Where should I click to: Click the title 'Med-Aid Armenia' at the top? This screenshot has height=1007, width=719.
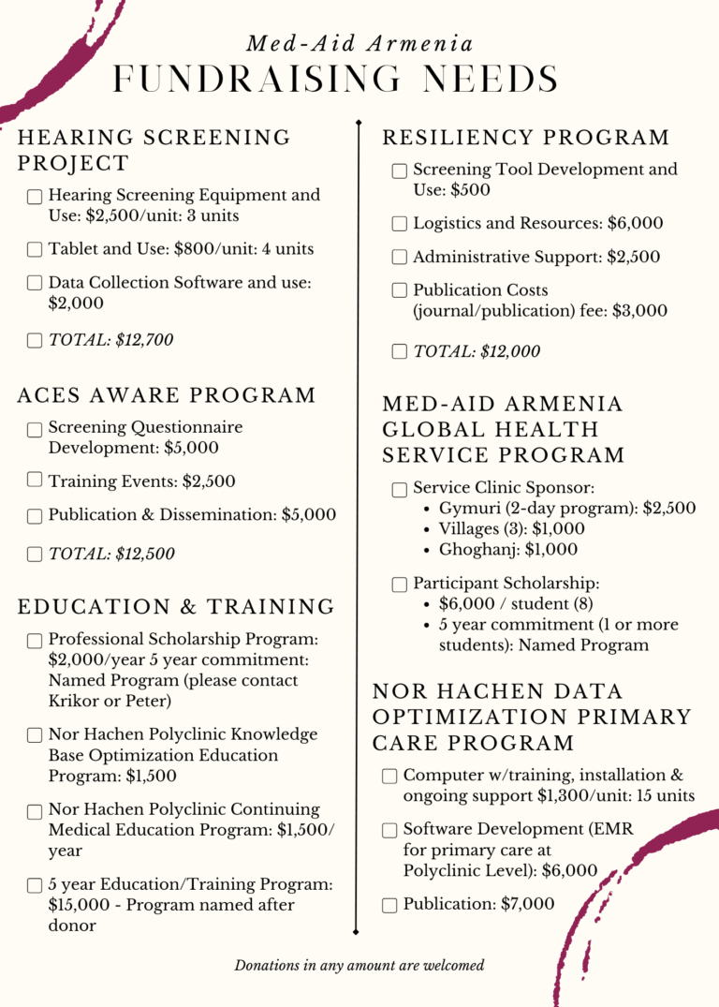tap(359, 44)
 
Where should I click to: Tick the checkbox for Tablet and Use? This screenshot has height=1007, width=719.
tap(35, 249)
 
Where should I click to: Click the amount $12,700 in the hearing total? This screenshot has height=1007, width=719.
tap(144, 340)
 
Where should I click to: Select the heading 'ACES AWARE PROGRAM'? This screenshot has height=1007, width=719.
tap(167, 395)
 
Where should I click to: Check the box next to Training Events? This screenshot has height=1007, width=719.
tap(35, 480)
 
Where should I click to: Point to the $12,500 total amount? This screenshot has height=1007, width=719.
tap(145, 554)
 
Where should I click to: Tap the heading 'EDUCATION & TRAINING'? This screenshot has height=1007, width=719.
tap(176, 607)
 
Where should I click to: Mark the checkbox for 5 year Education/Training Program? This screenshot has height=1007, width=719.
tap(35, 885)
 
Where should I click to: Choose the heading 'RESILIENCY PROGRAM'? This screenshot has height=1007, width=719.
tap(526, 139)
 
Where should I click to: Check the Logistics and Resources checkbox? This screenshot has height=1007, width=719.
tap(400, 224)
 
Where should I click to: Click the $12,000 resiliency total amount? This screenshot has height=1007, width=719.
tap(510, 351)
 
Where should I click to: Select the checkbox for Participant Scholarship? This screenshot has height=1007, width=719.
tap(400, 585)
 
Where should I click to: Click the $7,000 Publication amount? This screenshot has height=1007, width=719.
tap(528, 904)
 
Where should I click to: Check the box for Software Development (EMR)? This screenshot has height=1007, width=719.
tap(390, 830)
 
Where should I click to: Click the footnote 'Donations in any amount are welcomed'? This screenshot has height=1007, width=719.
tap(359, 965)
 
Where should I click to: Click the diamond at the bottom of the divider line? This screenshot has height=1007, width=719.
tap(357, 932)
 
